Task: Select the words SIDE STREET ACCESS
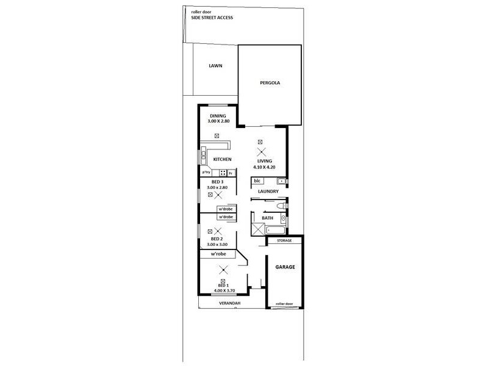point(212,18)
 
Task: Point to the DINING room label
point(218,116)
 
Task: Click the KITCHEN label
point(221,160)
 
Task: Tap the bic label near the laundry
point(257,181)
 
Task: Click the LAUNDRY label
point(268,192)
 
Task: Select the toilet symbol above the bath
point(279,209)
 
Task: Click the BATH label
point(267,217)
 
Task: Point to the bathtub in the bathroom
point(275,231)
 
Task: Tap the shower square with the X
point(257,231)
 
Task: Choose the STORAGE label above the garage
point(284,241)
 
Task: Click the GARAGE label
point(284,267)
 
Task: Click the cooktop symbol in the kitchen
point(215,173)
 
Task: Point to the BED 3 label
point(218,182)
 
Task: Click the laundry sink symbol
point(281,181)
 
